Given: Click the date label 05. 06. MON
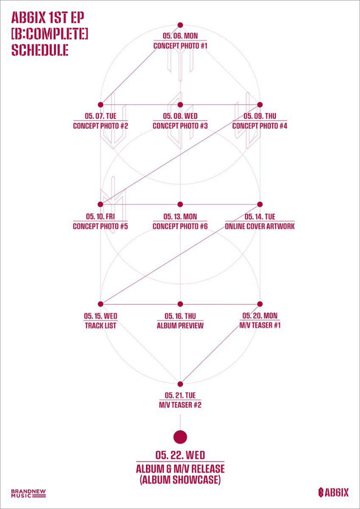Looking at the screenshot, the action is point(180,34).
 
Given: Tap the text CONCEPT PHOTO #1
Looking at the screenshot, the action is point(180,46).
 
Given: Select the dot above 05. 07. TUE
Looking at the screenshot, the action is point(100,104).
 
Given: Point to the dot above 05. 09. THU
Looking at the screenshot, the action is point(259,104).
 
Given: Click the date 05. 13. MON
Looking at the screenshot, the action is point(180,216).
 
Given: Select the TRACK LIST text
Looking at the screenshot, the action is point(100,325).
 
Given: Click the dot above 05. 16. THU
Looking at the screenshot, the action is point(180,304).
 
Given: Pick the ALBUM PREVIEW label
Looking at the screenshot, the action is point(180,325).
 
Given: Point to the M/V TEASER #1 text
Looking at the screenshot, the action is point(259,325).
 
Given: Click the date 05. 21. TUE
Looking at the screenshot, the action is point(180,395).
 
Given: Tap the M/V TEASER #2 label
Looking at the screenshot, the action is point(180,405).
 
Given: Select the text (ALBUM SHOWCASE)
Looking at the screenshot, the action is point(180,479).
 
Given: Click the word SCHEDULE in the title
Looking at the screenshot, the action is point(39,50).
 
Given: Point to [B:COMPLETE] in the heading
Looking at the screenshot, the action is point(49,34).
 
